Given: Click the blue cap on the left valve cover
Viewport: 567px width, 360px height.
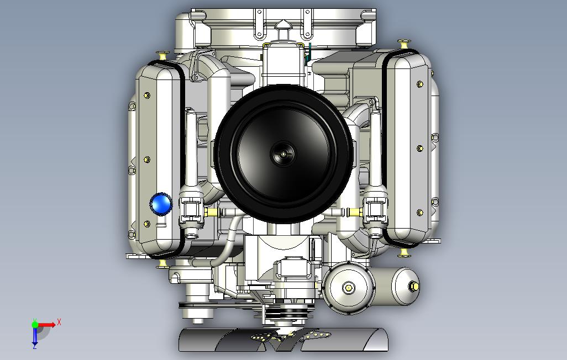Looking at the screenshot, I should [161, 204].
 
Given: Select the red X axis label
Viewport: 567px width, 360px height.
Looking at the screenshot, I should [59, 321].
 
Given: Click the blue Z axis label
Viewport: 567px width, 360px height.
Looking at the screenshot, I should [34, 347].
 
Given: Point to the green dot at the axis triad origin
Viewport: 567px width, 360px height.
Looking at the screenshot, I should [35, 325].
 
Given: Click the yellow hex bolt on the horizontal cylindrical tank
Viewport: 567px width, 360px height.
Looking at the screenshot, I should [413, 286].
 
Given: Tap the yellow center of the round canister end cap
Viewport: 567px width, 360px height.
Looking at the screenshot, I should [349, 288].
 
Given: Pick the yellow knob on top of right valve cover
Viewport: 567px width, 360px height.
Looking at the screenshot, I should [404, 43].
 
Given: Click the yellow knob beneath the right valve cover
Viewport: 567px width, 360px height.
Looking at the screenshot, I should [405, 253].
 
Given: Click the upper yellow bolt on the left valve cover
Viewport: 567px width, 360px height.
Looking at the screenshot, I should [146, 96].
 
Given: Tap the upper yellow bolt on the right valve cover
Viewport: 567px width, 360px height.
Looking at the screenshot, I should [420, 84].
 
